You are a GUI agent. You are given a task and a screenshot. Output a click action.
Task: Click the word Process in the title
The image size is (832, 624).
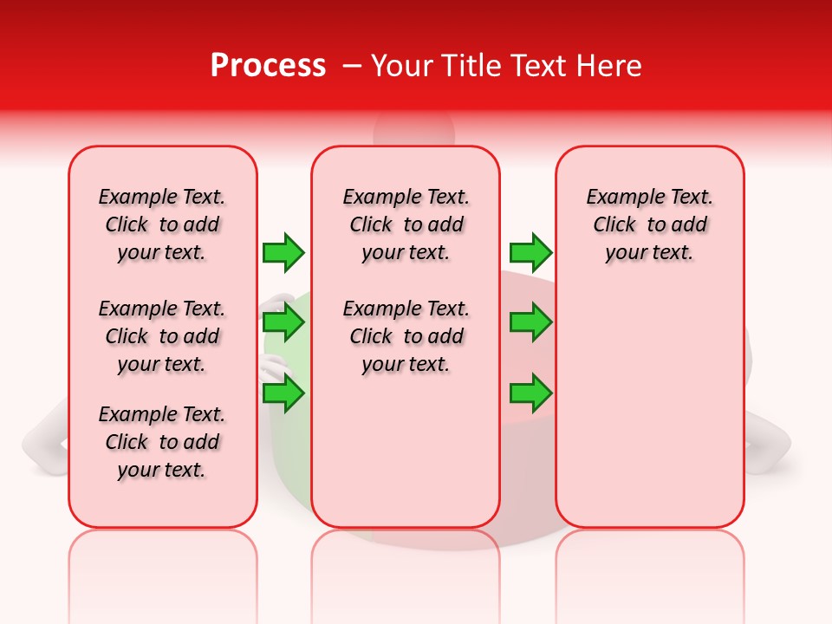point(268,66)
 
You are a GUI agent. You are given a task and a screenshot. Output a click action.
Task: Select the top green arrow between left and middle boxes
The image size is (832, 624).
point(283,252)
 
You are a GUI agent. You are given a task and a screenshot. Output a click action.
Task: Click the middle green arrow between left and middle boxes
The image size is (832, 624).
point(283,322)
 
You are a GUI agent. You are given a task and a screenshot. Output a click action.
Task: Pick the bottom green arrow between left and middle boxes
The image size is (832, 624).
point(283,393)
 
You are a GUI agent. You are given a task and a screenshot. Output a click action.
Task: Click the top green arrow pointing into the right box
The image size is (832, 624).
point(530,252)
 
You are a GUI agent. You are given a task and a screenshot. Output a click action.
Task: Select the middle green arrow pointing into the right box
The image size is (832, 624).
point(530,322)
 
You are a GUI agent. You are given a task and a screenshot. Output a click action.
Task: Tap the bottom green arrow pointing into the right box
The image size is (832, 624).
point(530,393)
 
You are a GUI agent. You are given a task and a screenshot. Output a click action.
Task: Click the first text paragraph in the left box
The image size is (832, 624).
point(162,224)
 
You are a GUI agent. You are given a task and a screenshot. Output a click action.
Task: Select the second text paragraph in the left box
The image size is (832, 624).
point(162,336)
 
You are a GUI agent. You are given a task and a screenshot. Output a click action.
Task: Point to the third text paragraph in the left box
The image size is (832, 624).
point(162,442)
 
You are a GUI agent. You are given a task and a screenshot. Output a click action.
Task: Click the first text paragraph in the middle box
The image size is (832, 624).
point(406,224)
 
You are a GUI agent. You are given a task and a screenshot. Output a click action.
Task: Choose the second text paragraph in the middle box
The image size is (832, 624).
point(406,336)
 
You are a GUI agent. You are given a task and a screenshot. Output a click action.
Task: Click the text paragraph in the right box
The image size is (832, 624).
point(649,224)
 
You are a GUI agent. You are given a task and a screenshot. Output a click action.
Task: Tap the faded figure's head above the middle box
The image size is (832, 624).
point(413,130)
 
